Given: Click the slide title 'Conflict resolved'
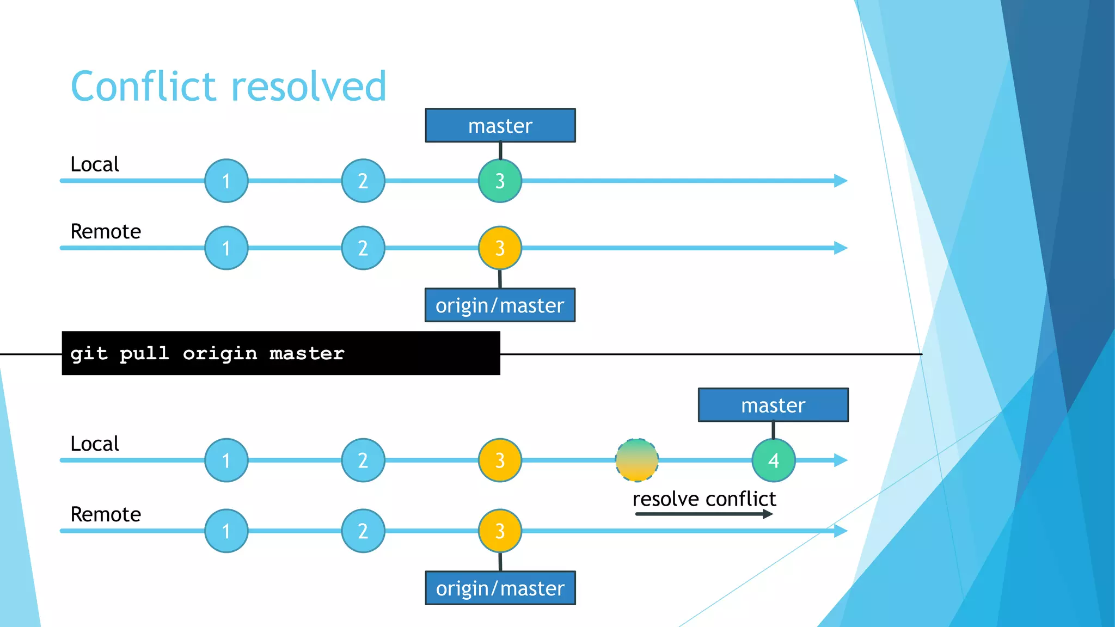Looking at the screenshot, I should point(229,87).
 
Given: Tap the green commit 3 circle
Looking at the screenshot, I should point(500,181).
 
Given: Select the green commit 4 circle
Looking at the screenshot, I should point(773,460).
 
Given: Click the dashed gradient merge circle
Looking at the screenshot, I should point(637,460).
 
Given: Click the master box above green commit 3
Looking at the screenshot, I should point(500,126).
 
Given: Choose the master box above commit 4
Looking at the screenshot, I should point(773,405).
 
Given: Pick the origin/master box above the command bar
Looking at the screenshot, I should point(500,305).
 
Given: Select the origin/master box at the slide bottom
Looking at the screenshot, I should point(500,588).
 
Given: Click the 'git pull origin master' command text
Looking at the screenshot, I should point(207,354).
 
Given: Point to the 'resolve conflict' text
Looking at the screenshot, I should point(704,499).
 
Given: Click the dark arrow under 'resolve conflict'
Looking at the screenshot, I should point(704,514).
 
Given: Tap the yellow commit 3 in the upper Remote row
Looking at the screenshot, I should point(500,248).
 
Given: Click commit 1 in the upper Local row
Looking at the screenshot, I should point(226,181).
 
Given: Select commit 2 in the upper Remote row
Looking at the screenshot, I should point(363,248).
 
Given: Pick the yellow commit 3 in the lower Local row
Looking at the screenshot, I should point(500,460).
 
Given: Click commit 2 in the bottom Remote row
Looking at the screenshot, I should point(363,531).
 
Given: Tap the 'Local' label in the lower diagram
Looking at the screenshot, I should point(95,444).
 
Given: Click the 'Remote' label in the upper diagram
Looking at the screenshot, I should point(106,231).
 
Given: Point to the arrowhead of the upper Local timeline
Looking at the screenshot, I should point(841,181).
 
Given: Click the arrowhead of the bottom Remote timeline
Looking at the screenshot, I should point(841,531).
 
